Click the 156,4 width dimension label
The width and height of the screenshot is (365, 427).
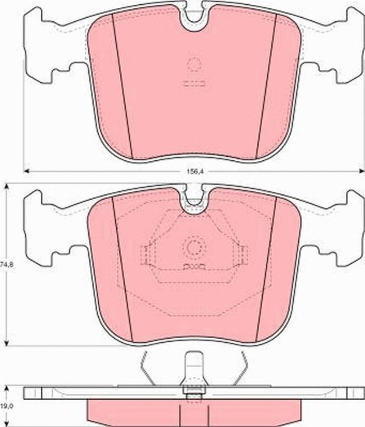pyautogui.click(x=193, y=172)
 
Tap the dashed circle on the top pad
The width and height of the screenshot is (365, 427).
pyautogui.click(x=194, y=65)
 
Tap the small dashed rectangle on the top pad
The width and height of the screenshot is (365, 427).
pyautogui.click(x=194, y=83)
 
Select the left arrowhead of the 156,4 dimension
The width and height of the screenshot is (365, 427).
pyautogui.click(x=26, y=171)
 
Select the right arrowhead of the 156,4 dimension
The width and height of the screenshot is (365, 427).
pyautogui.click(x=362, y=171)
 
